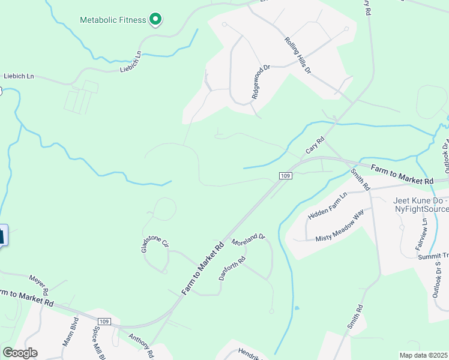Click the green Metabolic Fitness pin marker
[x=155, y=20]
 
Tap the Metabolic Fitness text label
[x=113, y=20]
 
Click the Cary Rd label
[x=315, y=145]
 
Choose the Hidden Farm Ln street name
[x=328, y=206]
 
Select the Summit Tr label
[x=433, y=256]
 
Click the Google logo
[x=20, y=353]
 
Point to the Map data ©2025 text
[x=423, y=355]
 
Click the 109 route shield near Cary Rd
[x=285, y=175]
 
